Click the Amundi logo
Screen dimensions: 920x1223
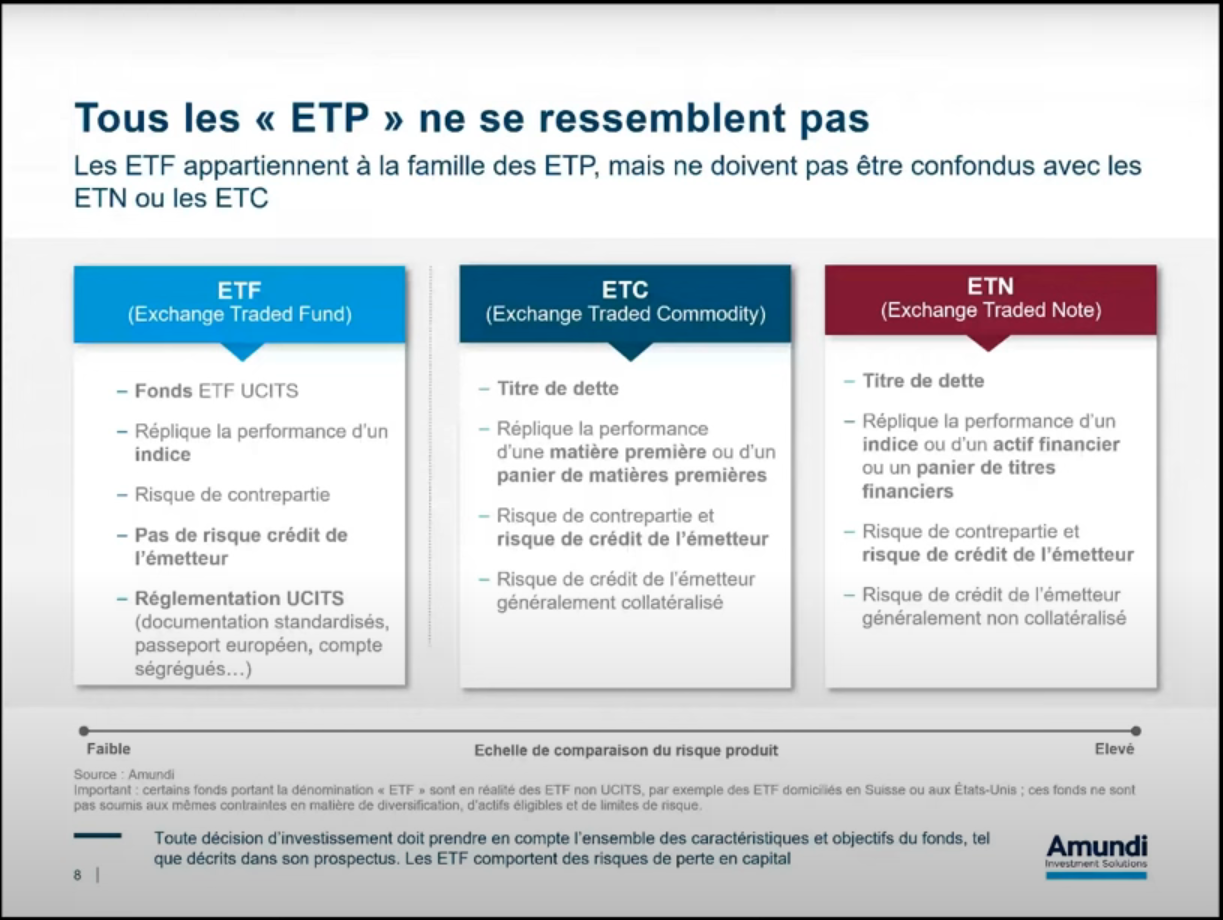[x=1096, y=853]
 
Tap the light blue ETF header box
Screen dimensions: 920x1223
[x=240, y=303]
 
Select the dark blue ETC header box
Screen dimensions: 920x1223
[x=625, y=303]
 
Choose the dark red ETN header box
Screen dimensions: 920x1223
[x=990, y=299]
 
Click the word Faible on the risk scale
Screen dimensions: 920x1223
[x=108, y=748]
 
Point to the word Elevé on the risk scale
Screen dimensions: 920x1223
[x=1114, y=749]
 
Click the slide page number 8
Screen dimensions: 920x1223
[x=77, y=875]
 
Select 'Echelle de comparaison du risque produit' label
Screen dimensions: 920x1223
[x=626, y=750]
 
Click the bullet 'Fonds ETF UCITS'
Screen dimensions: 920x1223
[x=216, y=391]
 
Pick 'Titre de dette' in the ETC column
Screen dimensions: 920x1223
[x=558, y=388]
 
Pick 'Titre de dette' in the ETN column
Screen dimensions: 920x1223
[x=923, y=381]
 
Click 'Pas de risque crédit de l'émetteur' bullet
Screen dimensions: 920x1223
[x=240, y=546]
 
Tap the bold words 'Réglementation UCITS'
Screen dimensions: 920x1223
[x=239, y=598]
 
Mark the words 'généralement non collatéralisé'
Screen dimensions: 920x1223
[x=994, y=618]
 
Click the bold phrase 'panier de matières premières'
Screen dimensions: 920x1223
[x=632, y=475]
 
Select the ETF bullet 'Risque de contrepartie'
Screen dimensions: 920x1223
[x=232, y=494]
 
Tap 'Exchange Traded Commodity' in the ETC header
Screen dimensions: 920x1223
[x=625, y=315]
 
